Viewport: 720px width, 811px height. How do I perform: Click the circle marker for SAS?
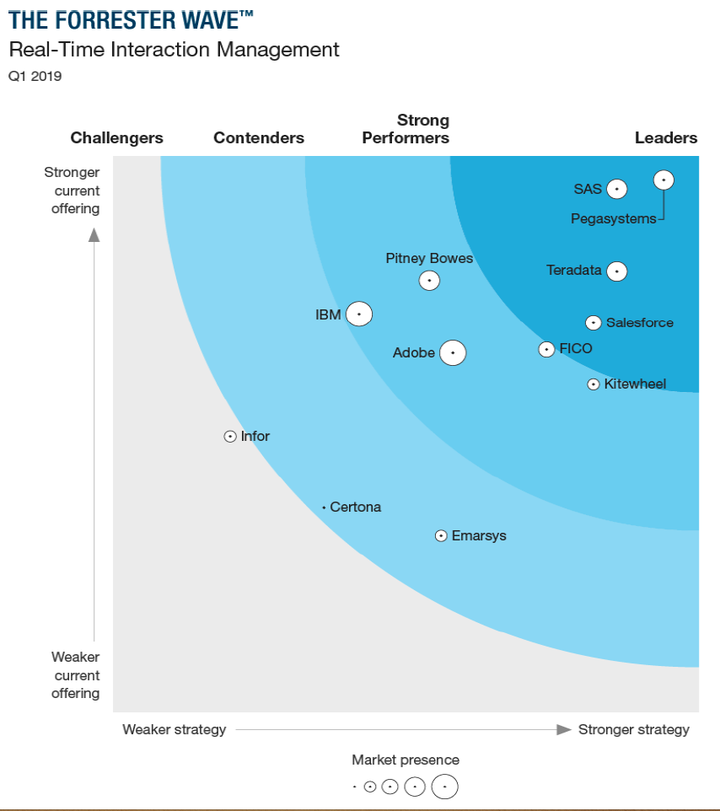click(617, 189)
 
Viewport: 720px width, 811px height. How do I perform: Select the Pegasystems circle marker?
click(664, 180)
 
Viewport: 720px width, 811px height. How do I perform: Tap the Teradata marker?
click(617, 271)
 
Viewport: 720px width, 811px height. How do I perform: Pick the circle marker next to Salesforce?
click(594, 323)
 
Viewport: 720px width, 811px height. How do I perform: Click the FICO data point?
click(547, 349)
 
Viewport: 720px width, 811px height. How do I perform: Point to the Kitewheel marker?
click(594, 384)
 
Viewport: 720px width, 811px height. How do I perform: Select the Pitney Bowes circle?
click(430, 280)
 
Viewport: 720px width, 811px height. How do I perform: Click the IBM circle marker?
click(359, 314)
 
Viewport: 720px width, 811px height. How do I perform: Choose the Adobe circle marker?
click(453, 352)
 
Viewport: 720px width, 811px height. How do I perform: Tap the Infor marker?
click(230, 437)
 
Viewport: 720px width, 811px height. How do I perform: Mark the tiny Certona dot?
click(324, 508)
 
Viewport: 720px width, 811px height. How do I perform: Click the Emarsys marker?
click(441, 536)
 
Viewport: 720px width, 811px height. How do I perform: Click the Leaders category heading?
click(665, 138)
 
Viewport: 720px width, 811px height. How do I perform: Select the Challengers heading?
click(116, 138)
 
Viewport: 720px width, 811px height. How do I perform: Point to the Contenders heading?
click(259, 138)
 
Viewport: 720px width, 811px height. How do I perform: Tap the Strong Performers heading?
click(406, 129)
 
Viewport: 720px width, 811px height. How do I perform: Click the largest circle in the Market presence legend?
click(444, 787)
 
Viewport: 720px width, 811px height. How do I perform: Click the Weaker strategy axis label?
click(175, 729)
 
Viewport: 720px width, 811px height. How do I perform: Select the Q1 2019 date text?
click(35, 76)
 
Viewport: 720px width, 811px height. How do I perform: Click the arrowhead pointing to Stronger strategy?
click(564, 729)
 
